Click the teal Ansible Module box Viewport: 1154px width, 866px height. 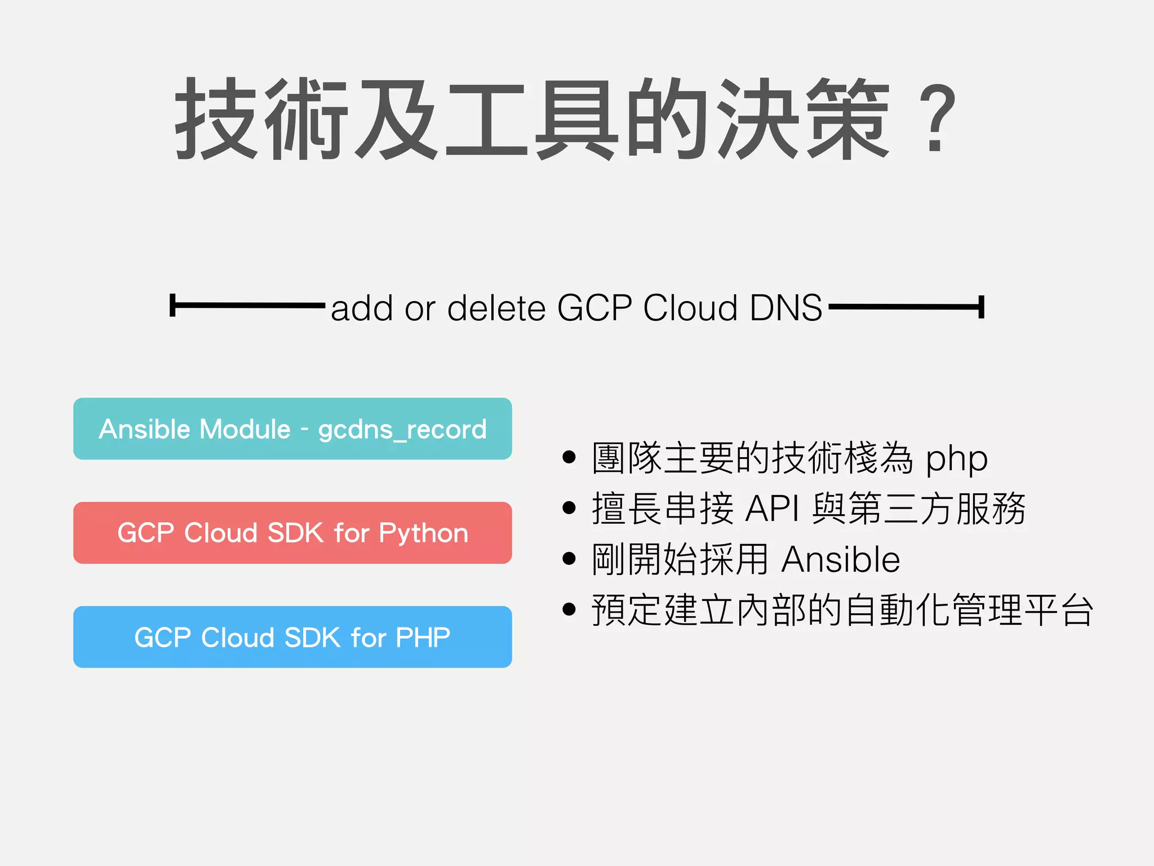tap(292, 428)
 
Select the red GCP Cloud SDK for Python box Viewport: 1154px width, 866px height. tap(292, 533)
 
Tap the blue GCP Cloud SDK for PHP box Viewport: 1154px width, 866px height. tap(292, 637)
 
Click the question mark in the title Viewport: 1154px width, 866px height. tap(936, 118)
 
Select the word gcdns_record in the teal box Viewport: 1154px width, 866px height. tap(402, 430)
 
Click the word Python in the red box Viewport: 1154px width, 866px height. tap(423, 533)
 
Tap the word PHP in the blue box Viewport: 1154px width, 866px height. tap(423, 638)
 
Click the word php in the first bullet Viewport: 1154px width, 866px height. tap(957, 459)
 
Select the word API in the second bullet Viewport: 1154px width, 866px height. tap(772, 509)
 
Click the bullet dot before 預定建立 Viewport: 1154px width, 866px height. tap(569, 609)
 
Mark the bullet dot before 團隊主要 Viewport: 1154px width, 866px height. tap(569, 457)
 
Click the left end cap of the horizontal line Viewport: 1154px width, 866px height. tap(173, 306)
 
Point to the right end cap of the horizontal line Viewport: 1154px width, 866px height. tap(981, 307)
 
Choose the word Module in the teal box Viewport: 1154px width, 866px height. tap(245, 429)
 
